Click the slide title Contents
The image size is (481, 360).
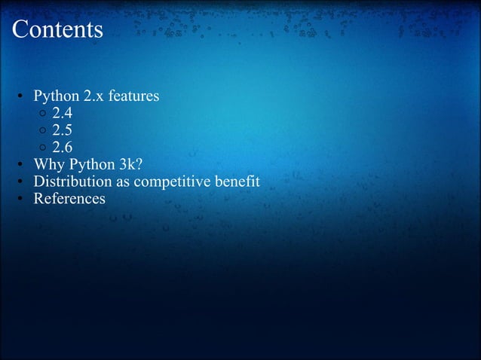[x=57, y=29]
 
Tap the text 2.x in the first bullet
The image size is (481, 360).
[x=94, y=98]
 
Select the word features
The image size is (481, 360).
[x=133, y=98]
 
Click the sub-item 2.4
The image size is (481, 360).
[x=62, y=114]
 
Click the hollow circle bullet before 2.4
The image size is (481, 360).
[x=43, y=115]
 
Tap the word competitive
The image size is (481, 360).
[x=170, y=182]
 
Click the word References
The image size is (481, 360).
[x=69, y=199]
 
